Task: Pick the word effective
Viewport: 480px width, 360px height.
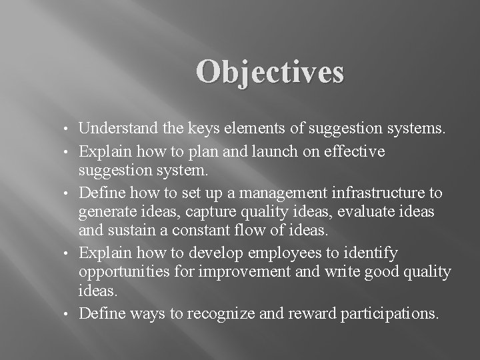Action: (360, 152)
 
